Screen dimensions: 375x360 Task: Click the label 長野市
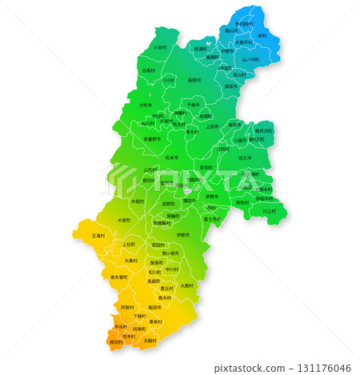click(194, 80)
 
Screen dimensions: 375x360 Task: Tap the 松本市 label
click(171, 158)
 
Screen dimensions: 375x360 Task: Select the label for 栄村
click(262, 35)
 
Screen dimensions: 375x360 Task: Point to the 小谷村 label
click(160, 47)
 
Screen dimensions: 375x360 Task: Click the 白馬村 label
click(148, 70)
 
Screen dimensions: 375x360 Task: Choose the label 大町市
click(145, 105)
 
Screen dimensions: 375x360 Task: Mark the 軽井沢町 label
click(263, 130)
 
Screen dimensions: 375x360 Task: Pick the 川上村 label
click(269, 210)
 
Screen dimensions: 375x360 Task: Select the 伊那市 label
click(183, 235)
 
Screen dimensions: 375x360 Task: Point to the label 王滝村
click(98, 236)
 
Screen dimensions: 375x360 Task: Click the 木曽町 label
click(124, 219)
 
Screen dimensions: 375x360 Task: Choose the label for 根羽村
click(115, 341)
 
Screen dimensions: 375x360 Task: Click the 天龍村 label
click(150, 340)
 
